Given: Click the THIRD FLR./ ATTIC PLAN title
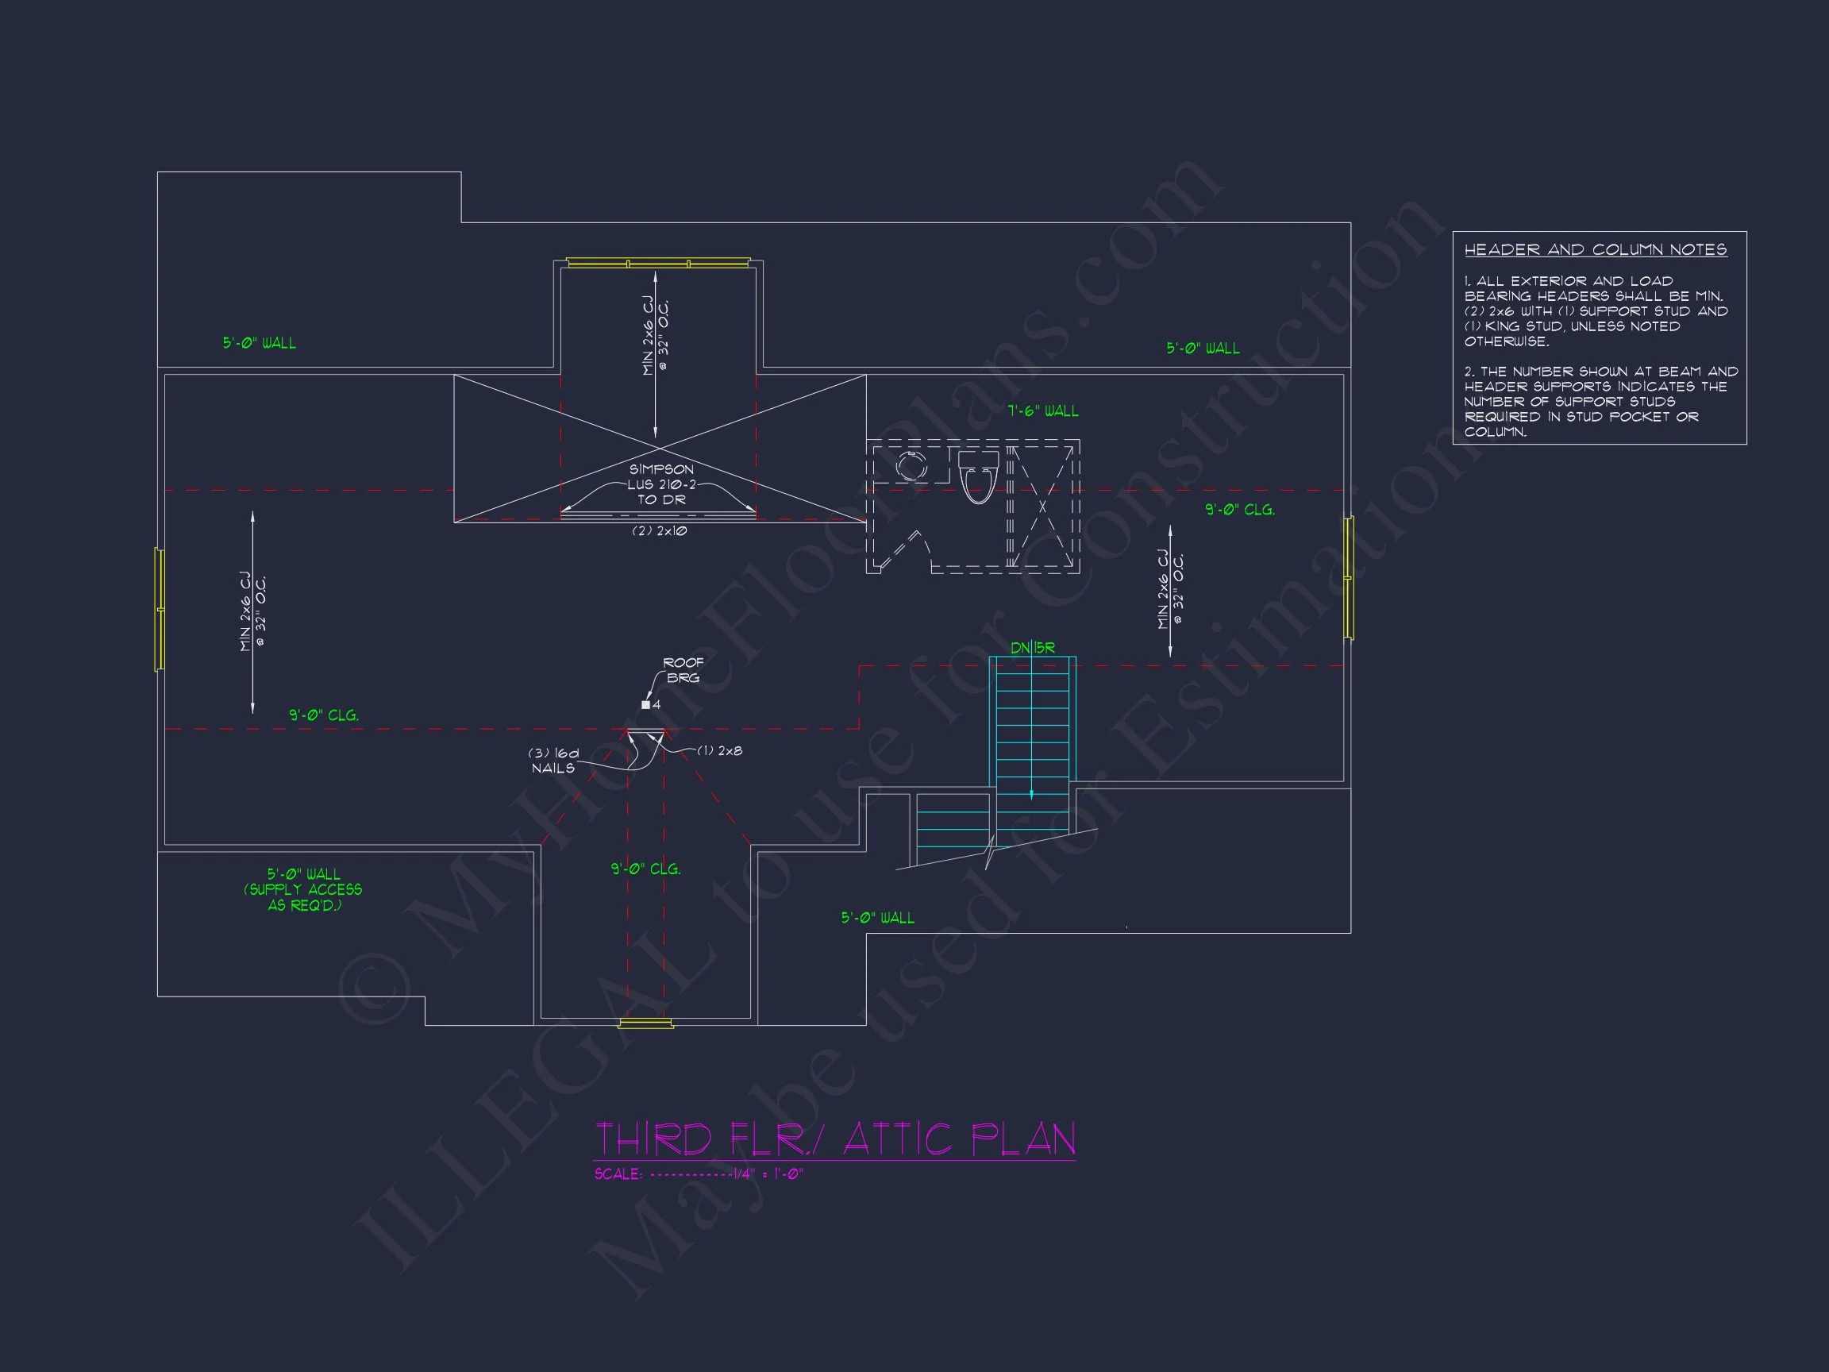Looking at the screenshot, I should pos(835,1139).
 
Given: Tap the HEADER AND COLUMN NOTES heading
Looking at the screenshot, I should pos(1595,250).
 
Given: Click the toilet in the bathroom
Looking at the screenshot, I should pos(978,476).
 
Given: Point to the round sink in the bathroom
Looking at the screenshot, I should pos(911,465).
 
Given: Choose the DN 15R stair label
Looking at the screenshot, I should pos(1033,648).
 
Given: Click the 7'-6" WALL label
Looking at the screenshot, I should pos(1042,411).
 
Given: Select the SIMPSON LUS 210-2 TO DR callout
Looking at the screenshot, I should pos(661,484).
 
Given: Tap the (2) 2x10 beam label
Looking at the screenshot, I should pos(659,531).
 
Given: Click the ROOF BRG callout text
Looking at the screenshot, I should pos(683,670).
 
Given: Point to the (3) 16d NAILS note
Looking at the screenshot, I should pos(554,761).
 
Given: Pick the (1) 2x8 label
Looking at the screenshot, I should pos(719,751).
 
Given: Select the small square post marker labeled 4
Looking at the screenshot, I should pos(645,704).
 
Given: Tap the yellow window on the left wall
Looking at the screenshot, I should pos(160,609).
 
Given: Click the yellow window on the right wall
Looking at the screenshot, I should pos(1349,578).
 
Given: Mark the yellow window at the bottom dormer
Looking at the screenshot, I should pos(645,1023).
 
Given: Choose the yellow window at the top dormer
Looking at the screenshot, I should pos(658,263).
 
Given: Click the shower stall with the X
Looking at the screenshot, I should pos(1042,506).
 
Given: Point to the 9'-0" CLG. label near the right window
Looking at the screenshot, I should pos(1239,511).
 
